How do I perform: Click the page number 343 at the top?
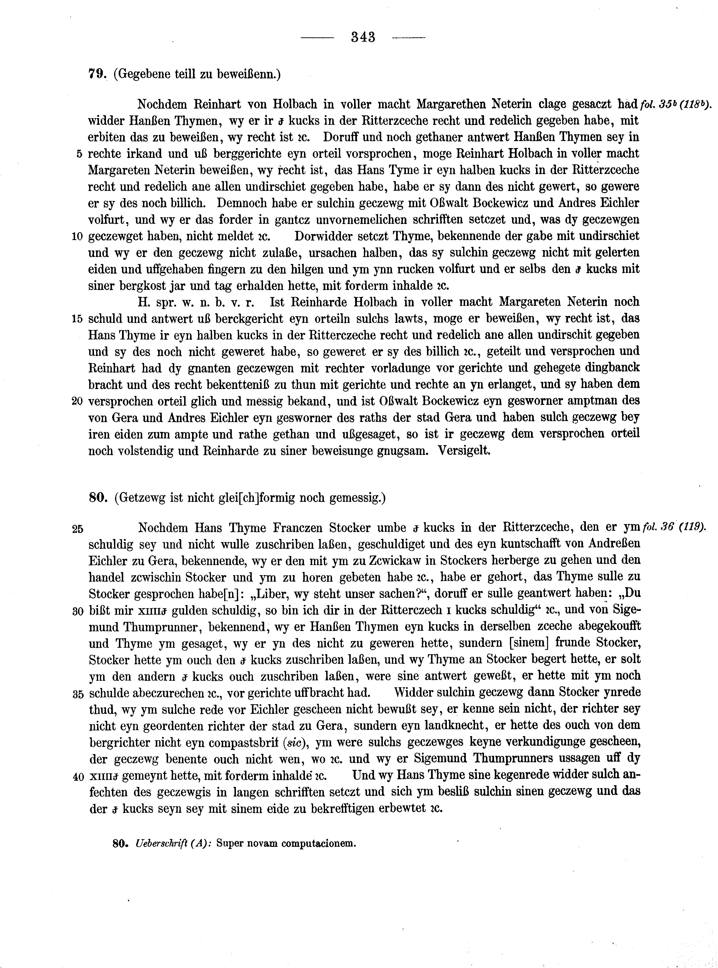point(363,37)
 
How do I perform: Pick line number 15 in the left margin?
point(77,319)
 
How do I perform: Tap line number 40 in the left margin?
point(78,777)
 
